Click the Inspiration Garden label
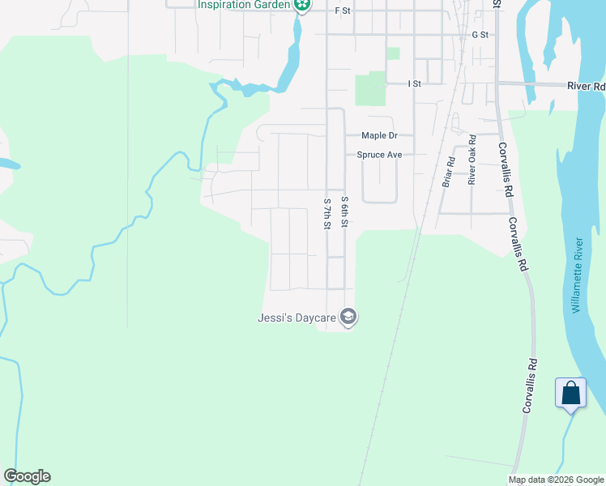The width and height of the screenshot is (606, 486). (x=244, y=5)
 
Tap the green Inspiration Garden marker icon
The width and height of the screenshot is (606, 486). (x=302, y=6)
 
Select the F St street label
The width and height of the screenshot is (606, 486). (x=341, y=11)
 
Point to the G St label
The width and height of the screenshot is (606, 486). (x=480, y=35)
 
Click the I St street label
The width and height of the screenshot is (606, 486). (x=415, y=83)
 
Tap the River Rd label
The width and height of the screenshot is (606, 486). (x=587, y=86)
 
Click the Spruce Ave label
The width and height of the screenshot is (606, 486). (x=380, y=154)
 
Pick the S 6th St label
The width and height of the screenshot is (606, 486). (x=344, y=211)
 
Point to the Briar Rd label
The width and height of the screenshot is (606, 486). (x=446, y=173)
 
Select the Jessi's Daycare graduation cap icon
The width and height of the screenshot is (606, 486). (x=348, y=317)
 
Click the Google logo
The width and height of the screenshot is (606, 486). (x=27, y=476)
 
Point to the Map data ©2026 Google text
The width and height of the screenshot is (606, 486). (x=556, y=480)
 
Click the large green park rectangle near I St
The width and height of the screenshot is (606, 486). (x=370, y=88)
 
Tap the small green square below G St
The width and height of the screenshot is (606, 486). (x=393, y=53)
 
